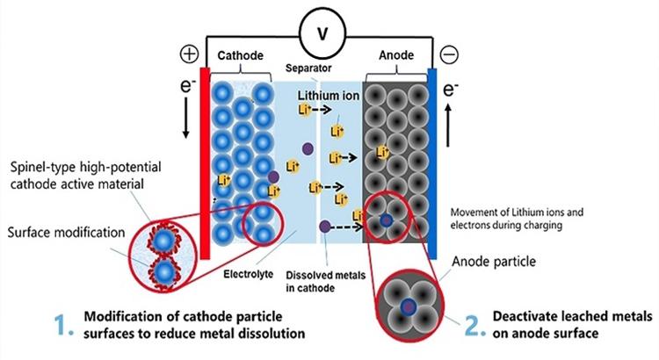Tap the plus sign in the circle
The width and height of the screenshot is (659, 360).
(190, 54)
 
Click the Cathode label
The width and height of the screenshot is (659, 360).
(241, 54)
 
